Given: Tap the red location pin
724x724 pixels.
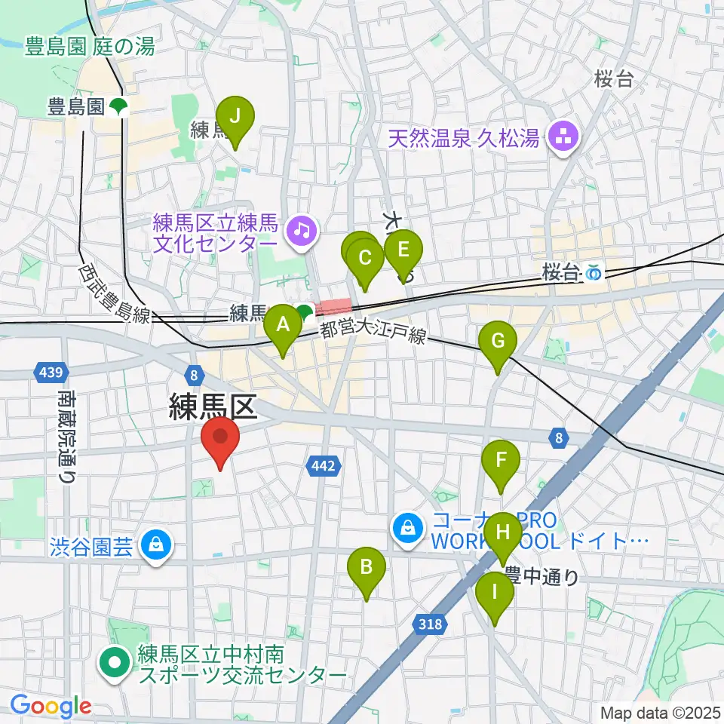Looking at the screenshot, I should pos(220,440).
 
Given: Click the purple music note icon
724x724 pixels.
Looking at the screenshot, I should pos(302,229).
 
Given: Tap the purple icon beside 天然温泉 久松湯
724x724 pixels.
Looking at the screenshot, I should pos(562,137).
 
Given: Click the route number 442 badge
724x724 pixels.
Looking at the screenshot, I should pos(322,468).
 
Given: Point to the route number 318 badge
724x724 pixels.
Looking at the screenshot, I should pos(429,623).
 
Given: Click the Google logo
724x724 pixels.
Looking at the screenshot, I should pos(51,707).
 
